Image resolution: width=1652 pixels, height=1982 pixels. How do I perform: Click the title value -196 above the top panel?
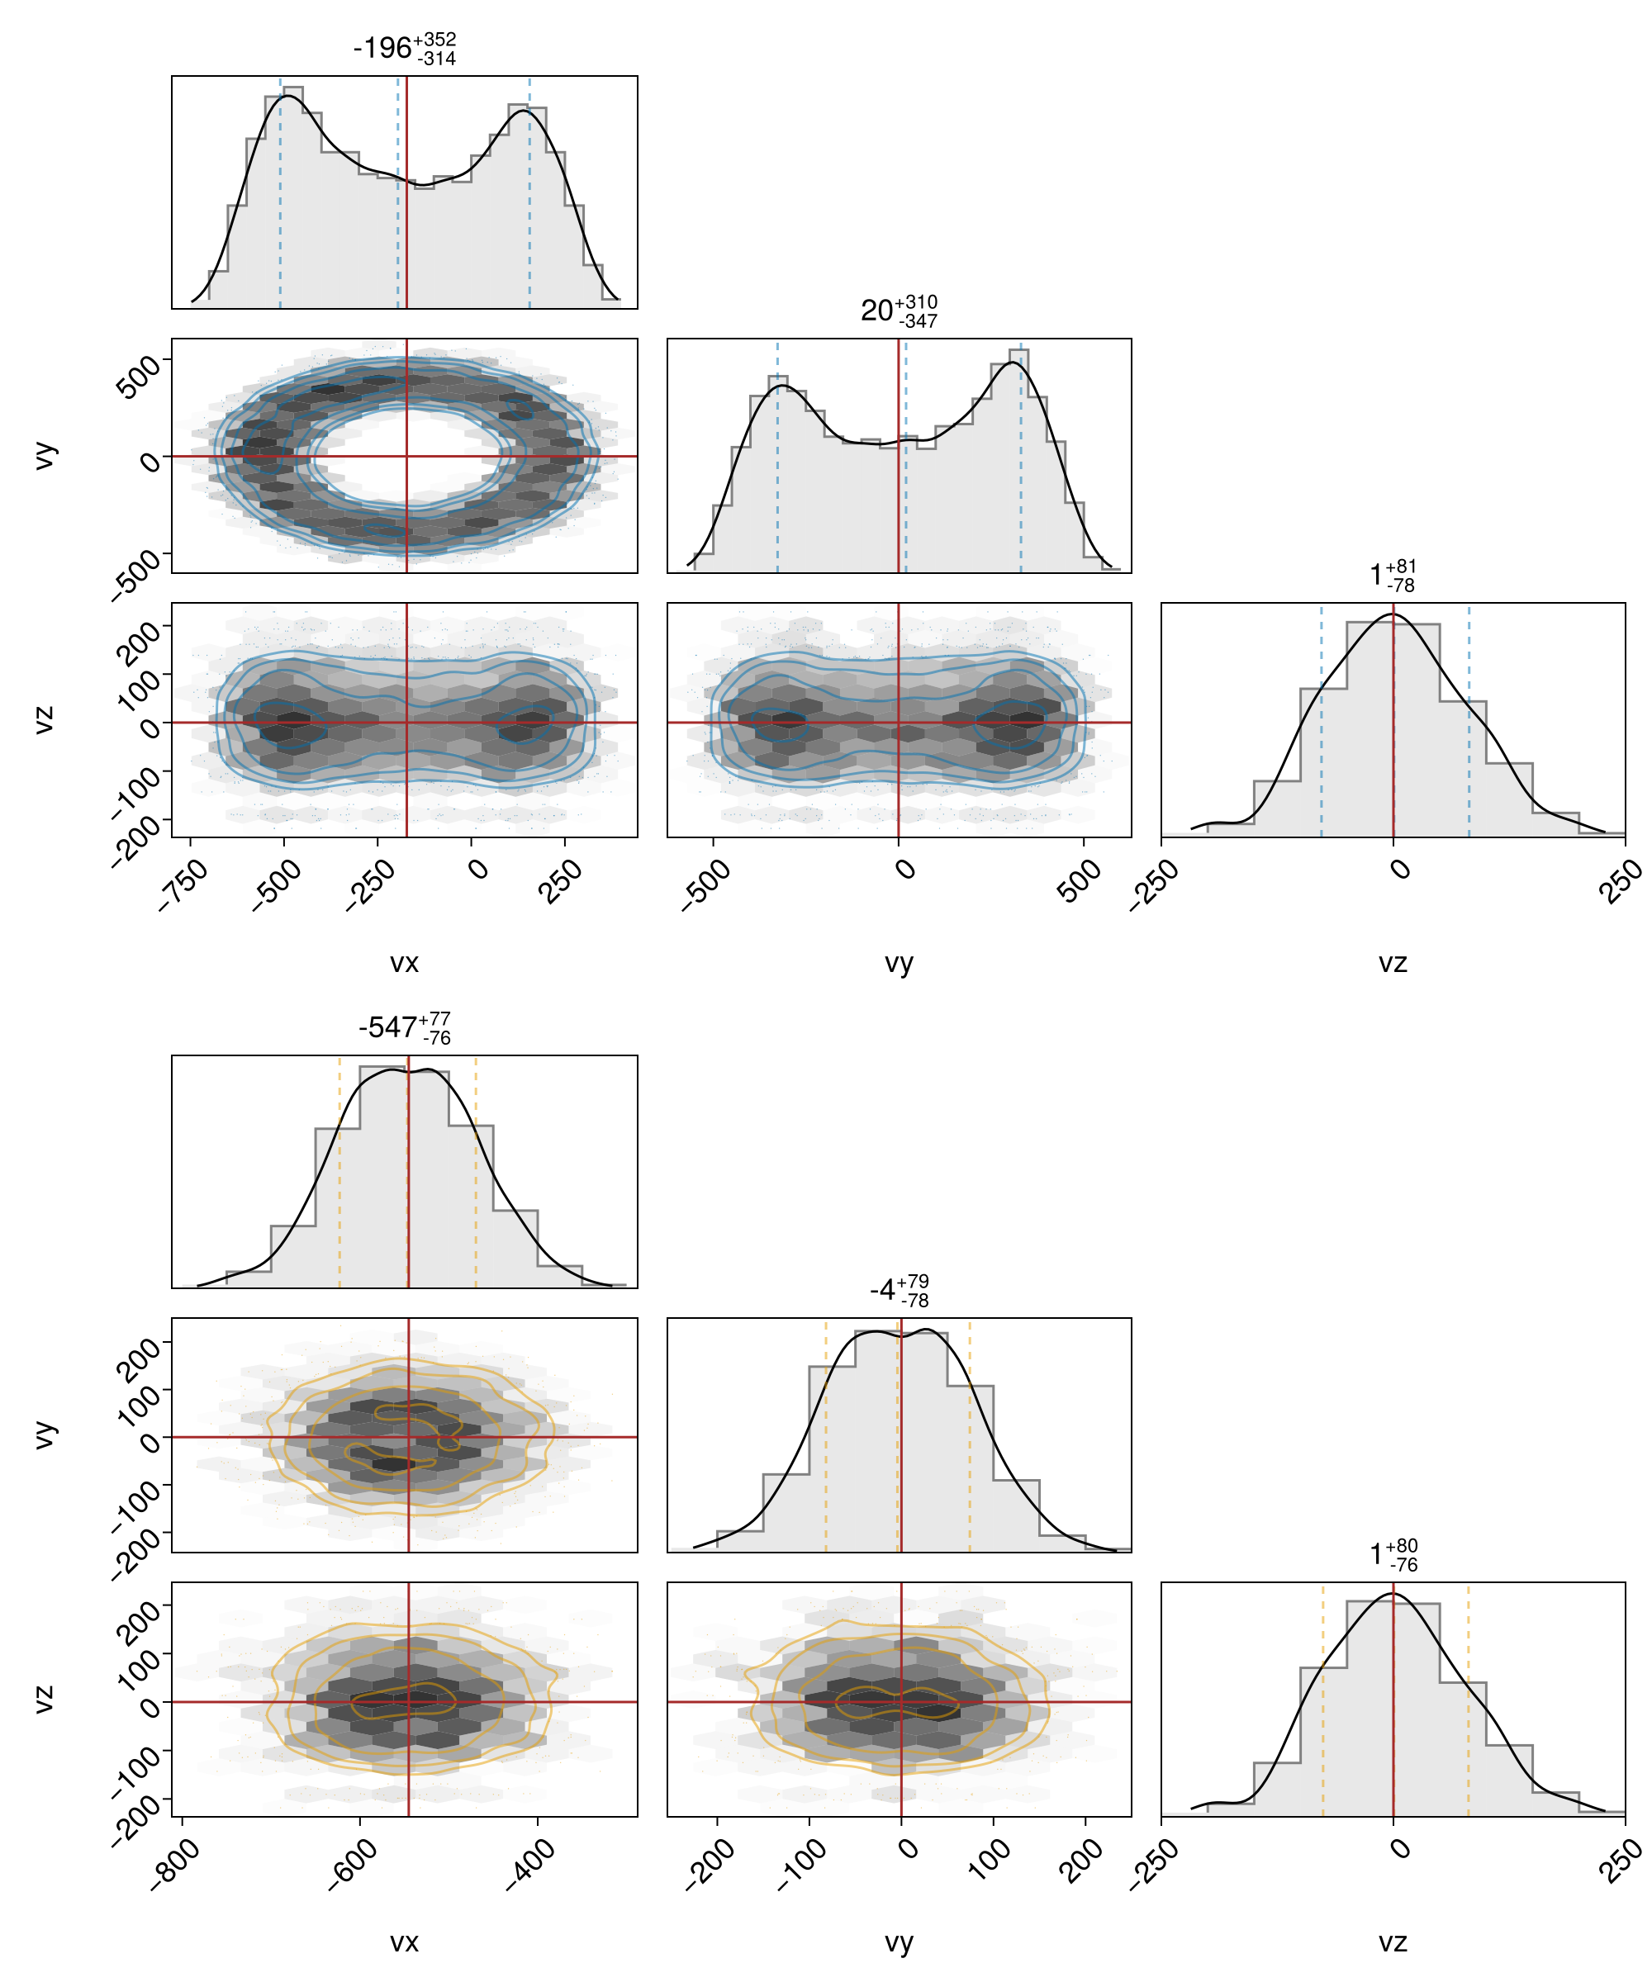click(x=382, y=47)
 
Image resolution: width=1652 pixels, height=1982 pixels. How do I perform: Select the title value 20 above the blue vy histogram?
click(x=877, y=310)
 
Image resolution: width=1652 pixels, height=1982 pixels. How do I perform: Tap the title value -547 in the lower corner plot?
click(x=387, y=1027)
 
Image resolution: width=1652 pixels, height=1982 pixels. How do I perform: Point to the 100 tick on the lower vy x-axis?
click(x=990, y=1861)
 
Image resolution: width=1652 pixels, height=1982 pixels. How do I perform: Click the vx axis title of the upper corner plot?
click(x=404, y=963)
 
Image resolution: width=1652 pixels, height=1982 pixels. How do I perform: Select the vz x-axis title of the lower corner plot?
click(x=1393, y=1942)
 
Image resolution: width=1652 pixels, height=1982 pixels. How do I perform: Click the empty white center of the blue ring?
click(x=406, y=455)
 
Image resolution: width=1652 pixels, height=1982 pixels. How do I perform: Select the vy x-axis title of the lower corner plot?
click(x=899, y=1942)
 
